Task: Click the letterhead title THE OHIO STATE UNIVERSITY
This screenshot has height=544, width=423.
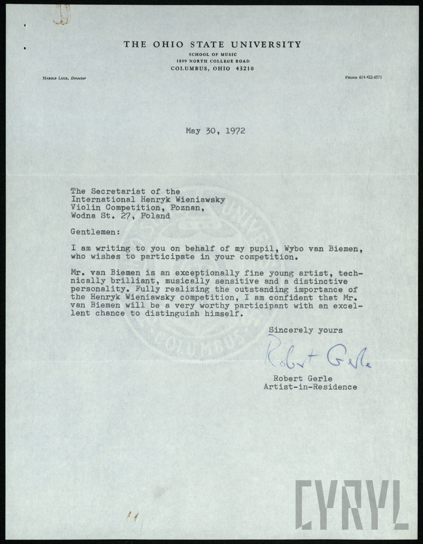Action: point(212,45)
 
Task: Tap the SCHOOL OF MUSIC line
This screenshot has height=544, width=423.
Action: point(213,54)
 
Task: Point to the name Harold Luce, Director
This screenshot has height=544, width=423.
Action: point(64,78)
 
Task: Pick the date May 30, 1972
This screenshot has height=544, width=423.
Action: point(215,131)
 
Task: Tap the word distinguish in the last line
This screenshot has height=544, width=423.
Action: point(189,313)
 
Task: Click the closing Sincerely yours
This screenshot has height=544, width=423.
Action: point(306,330)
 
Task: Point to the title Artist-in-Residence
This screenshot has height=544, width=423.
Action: point(310,387)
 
